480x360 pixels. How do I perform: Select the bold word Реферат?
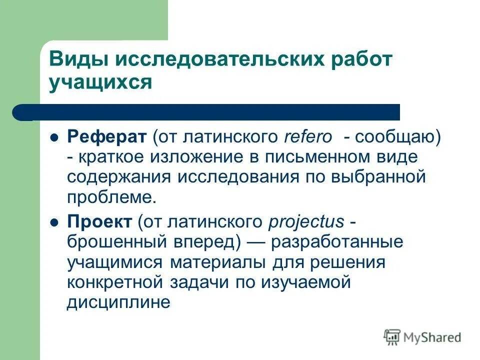tap(106, 136)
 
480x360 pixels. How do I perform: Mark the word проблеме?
tap(111, 197)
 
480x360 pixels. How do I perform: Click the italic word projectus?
tap(306, 221)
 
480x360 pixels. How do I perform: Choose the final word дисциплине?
tap(118, 303)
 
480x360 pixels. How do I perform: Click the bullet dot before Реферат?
tap(55, 136)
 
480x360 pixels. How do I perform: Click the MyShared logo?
tap(422, 337)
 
